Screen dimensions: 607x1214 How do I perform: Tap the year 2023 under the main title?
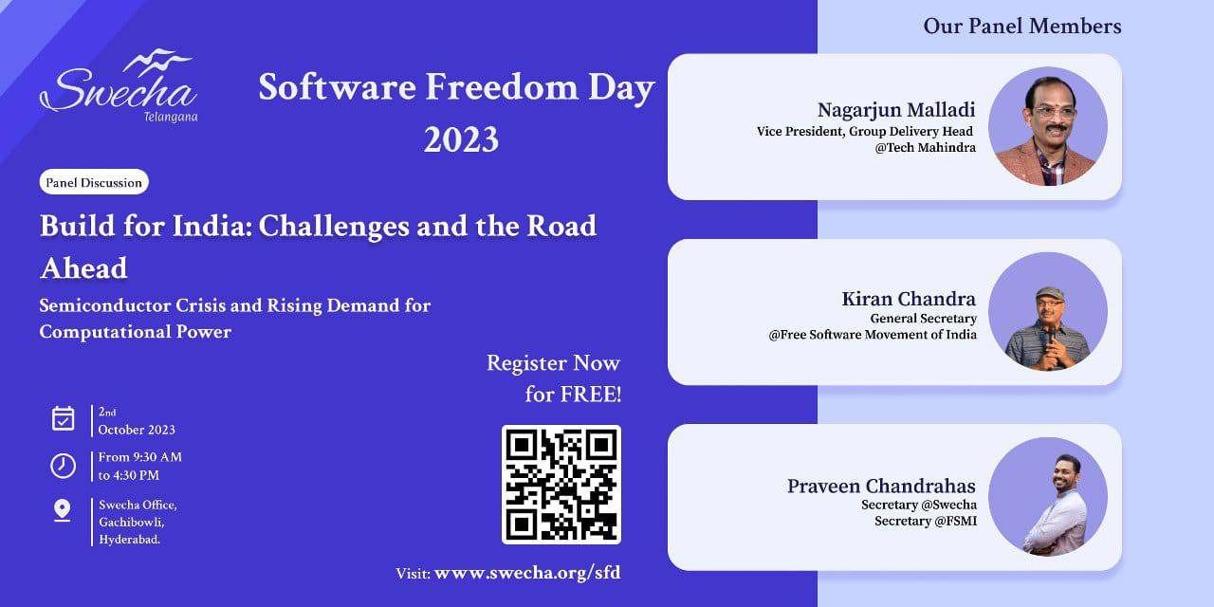click(461, 139)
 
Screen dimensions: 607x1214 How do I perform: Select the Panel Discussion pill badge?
click(94, 182)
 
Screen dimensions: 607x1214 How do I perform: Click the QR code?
click(561, 484)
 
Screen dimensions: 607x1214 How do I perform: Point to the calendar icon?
click(63, 418)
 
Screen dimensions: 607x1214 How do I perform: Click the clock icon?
click(63, 466)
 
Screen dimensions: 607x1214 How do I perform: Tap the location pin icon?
click(63, 511)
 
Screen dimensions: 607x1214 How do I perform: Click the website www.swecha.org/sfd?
click(527, 572)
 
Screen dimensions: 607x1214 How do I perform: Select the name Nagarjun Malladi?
click(896, 110)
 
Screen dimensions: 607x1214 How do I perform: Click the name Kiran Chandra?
click(909, 299)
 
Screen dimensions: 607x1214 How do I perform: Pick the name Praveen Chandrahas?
click(881, 486)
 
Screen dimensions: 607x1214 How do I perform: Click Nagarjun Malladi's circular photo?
click(1048, 126)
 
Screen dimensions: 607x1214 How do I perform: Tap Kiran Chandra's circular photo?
click(1048, 312)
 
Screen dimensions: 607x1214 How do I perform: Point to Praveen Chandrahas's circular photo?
click(1048, 497)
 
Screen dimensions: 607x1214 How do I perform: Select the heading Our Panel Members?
click(1022, 26)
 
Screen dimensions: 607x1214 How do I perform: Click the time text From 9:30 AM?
click(140, 457)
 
